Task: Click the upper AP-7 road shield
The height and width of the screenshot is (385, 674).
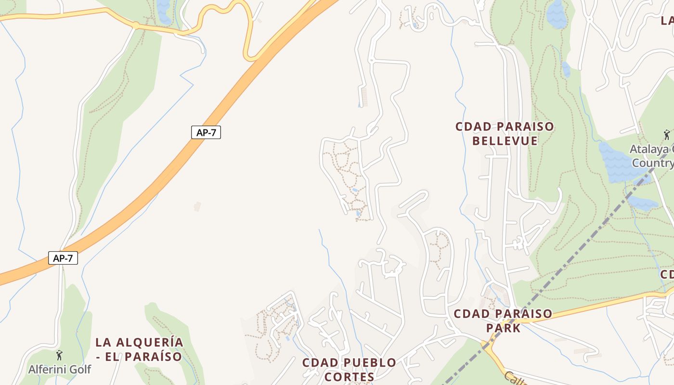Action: [x=206, y=132]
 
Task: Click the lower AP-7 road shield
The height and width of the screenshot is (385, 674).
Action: [x=63, y=258]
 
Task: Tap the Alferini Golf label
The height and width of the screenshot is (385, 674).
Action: [x=59, y=370]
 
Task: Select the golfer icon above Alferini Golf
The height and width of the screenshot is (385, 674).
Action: [x=59, y=356]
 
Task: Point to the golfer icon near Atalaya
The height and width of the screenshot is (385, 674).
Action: [x=667, y=134]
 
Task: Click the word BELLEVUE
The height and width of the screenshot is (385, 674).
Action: [x=505, y=141]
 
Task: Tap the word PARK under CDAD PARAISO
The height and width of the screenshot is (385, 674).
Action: [x=503, y=328]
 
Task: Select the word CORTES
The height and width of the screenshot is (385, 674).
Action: [x=350, y=377]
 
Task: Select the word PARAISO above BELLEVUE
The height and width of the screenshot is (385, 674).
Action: [x=525, y=127]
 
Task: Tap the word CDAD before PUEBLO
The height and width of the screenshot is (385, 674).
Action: [x=318, y=362]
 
